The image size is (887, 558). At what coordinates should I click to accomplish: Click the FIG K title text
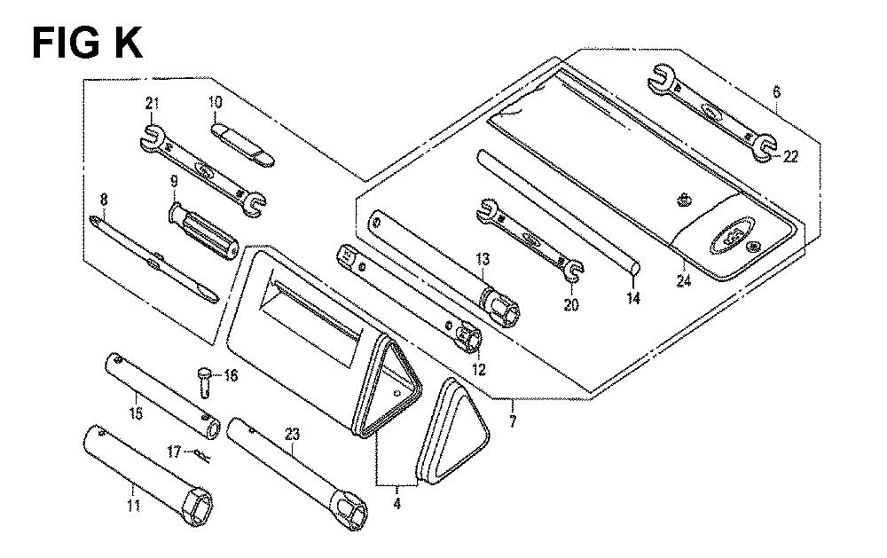coord(87,43)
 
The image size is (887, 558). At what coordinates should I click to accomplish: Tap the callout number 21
coord(152,104)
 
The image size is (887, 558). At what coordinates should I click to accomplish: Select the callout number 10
coord(215,102)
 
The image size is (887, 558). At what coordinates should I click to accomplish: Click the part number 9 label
coord(174,182)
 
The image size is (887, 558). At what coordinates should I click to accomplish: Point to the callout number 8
coord(104,200)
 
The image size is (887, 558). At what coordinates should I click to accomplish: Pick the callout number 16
coord(231,375)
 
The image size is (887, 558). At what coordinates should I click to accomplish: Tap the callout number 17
coord(175,452)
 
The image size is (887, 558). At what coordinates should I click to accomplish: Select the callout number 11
coord(134,506)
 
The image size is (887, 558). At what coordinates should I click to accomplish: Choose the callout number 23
coord(292,436)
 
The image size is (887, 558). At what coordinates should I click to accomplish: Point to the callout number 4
coord(397,503)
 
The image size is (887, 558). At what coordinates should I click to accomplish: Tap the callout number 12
coord(479,370)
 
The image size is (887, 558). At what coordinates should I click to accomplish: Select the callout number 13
coord(483,260)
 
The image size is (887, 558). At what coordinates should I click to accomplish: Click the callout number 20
coord(571,304)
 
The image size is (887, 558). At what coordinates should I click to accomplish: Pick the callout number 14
coord(634,298)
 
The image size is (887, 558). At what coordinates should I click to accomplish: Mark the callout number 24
coord(684,280)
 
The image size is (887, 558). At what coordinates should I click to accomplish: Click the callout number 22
coord(789,157)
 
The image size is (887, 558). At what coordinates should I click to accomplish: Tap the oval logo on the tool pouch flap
coord(731,232)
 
